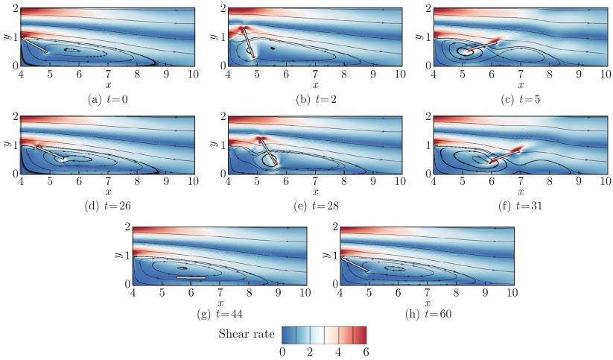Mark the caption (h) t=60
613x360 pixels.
click(x=427, y=314)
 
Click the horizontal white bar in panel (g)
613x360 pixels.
click(x=191, y=277)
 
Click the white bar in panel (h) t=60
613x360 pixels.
click(x=355, y=263)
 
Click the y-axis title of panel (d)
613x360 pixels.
click(x=7, y=144)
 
